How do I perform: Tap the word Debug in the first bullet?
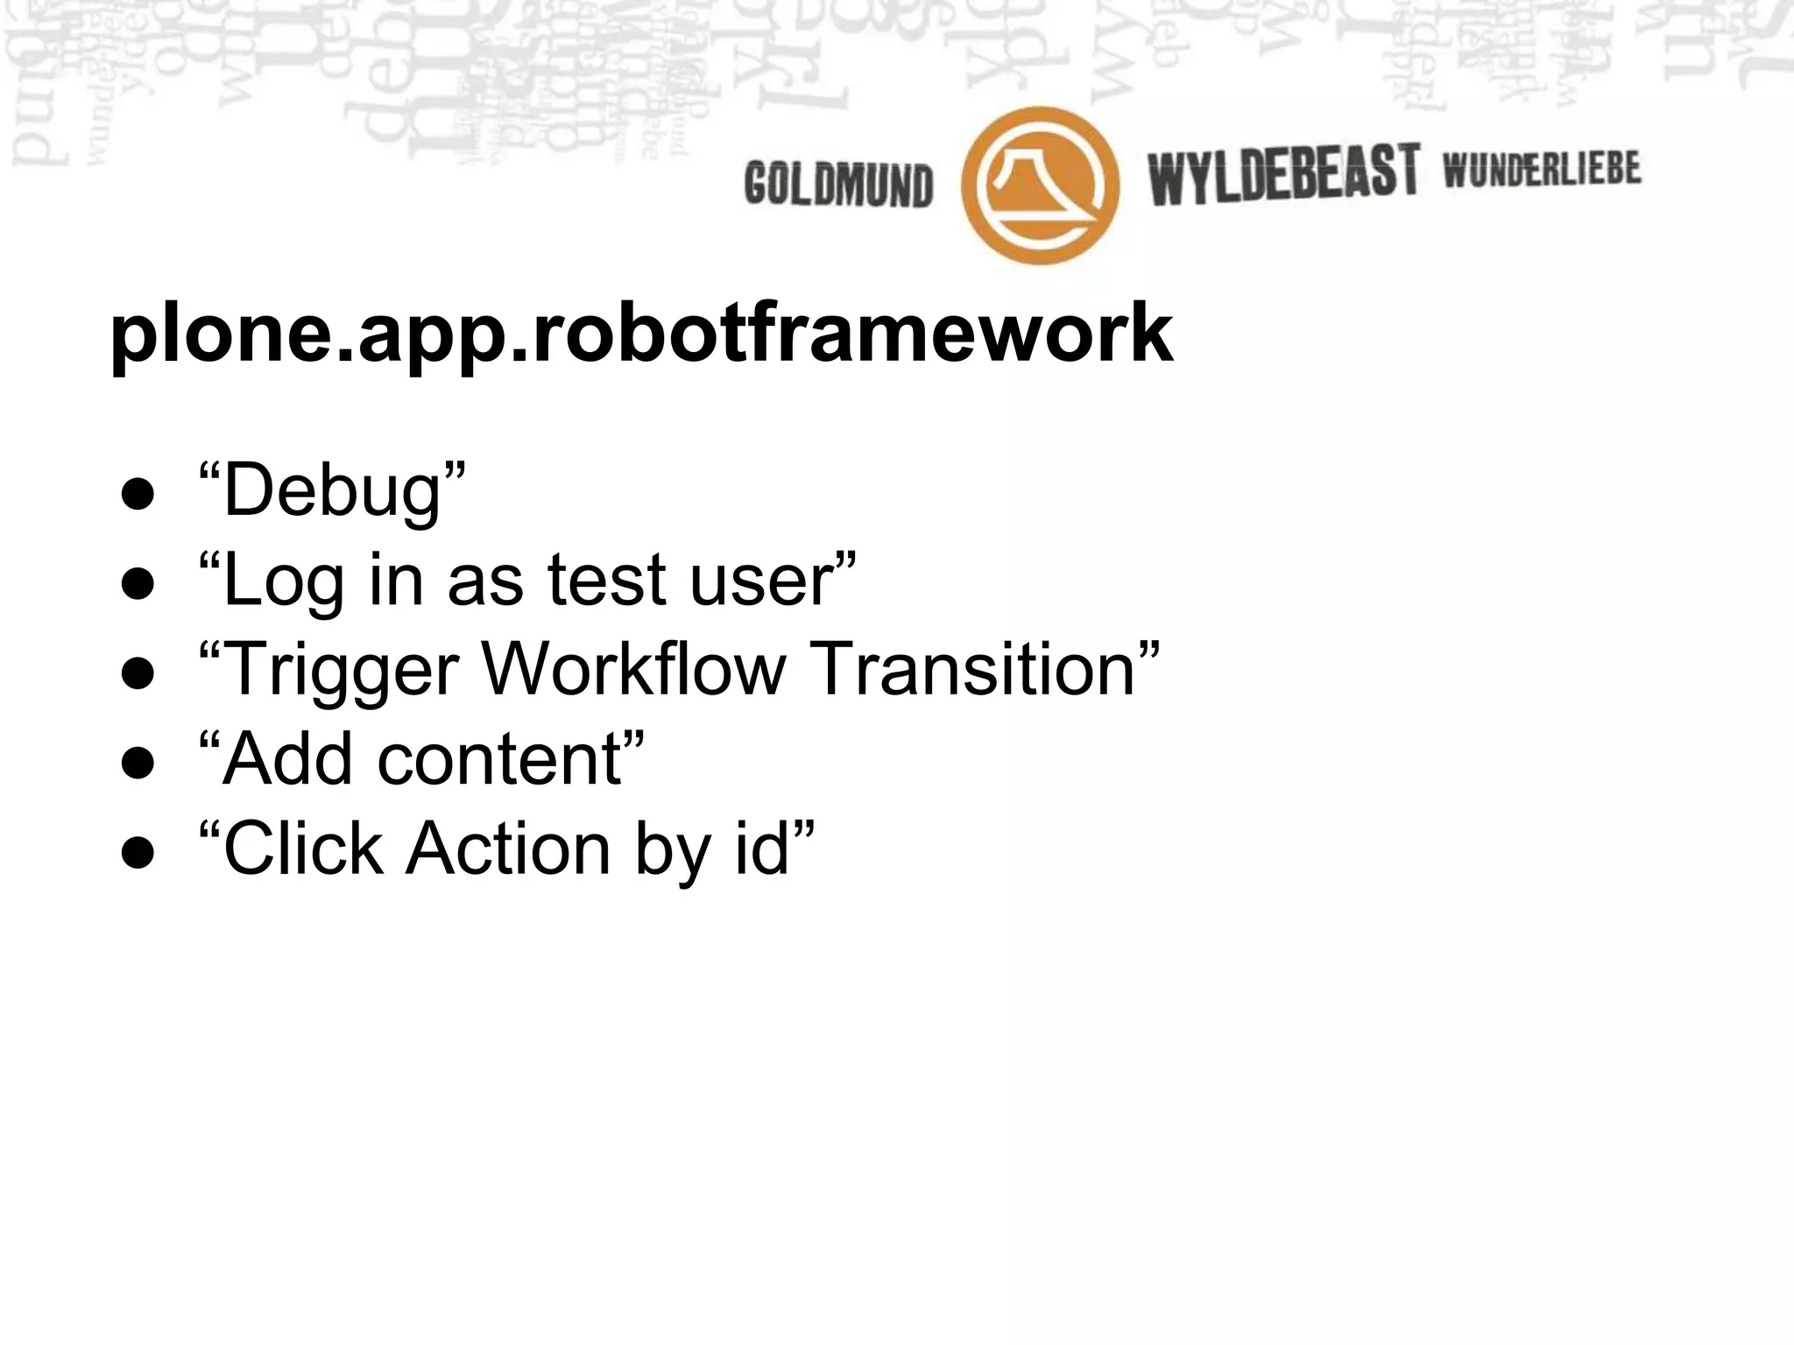coord(332,491)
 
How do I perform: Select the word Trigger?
coord(342,670)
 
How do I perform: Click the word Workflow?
coord(633,669)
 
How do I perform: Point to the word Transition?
coord(971,669)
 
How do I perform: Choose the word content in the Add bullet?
coord(500,758)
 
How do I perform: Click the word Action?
coord(507,848)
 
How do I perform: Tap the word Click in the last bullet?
coord(303,848)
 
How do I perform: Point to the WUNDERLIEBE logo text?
coord(1542,169)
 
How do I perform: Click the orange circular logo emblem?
coord(1040,185)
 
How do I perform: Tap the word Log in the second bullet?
coord(283,581)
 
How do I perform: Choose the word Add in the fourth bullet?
coord(288,758)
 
